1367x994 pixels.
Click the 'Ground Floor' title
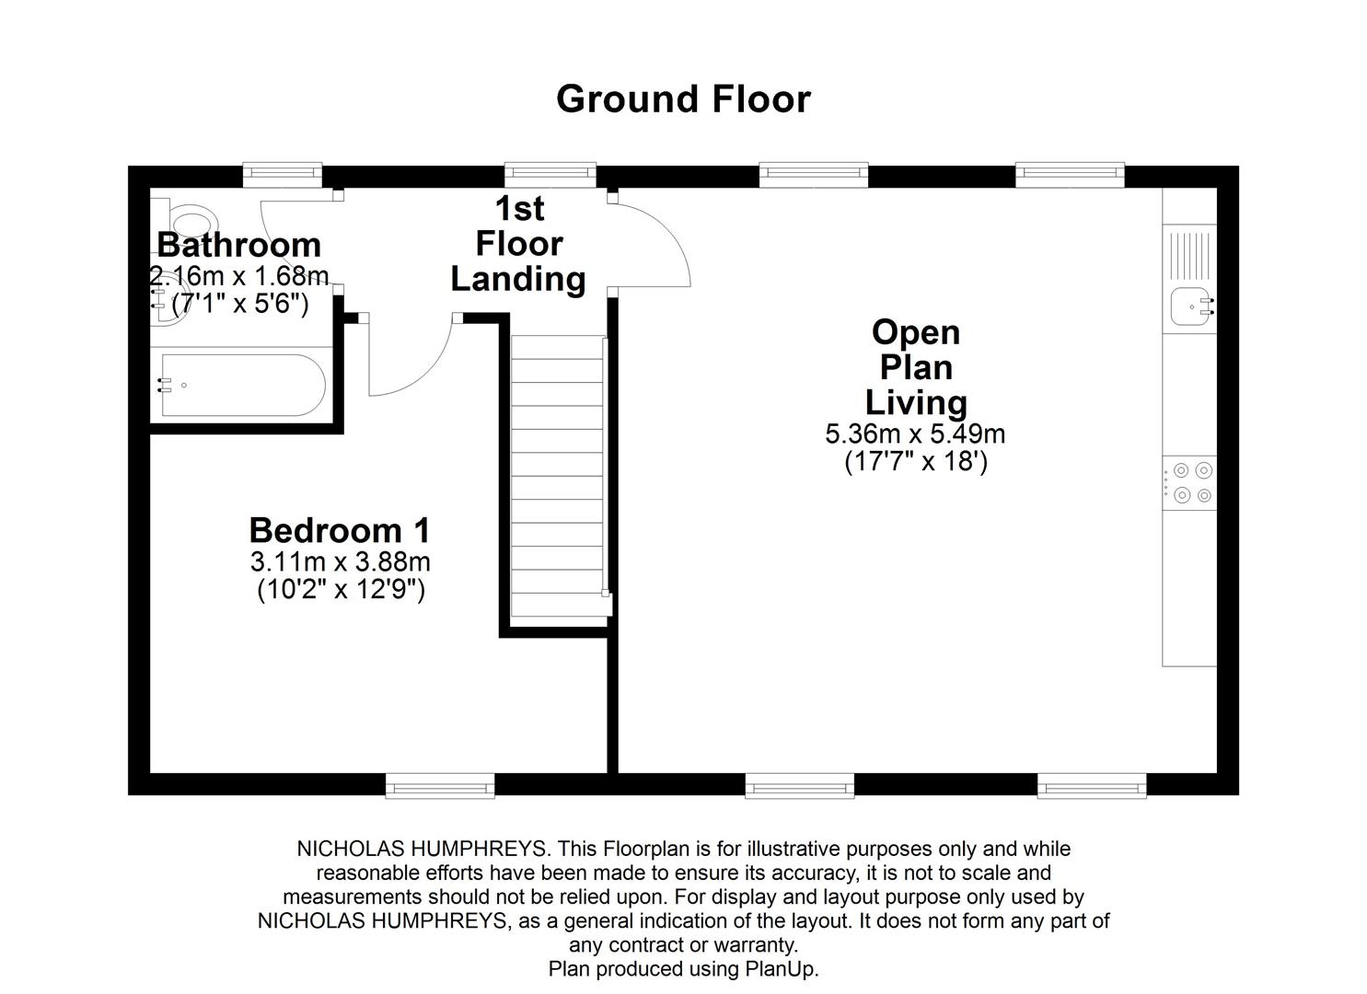click(x=683, y=99)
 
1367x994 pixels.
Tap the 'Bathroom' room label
click(x=238, y=245)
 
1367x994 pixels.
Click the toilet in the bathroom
click(x=191, y=221)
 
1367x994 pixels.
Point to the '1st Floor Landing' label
click(x=518, y=244)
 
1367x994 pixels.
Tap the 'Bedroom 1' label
click(x=340, y=530)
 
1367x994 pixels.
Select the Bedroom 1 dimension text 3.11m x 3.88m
click(x=340, y=561)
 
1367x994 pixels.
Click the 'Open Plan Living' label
click(x=915, y=367)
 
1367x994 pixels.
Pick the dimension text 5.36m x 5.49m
click(x=915, y=433)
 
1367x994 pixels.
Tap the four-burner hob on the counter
click(x=1192, y=483)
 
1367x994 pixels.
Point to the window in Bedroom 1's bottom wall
click(x=440, y=785)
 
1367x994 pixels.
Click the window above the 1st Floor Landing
click(x=550, y=175)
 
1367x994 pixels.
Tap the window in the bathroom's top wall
click(x=283, y=175)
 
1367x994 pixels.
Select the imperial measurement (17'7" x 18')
click(x=915, y=462)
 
